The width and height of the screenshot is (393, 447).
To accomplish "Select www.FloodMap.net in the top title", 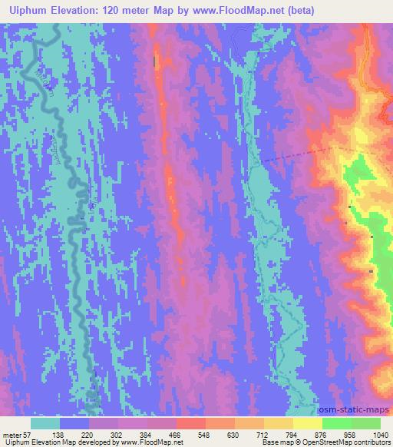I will [216, 8].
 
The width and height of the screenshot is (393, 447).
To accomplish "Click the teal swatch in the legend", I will [45, 423].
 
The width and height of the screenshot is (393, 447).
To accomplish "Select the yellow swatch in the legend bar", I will [307, 423].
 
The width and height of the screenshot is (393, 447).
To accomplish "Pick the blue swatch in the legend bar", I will [74, 423].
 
